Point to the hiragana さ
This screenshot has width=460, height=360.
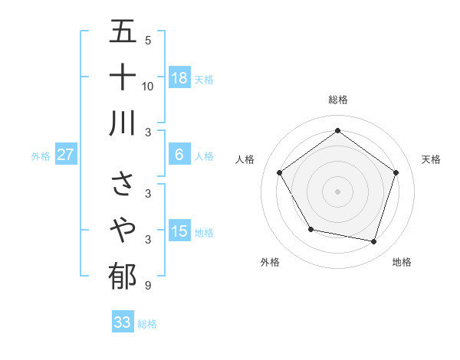coord(123,184)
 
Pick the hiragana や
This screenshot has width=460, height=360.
coord(123,229)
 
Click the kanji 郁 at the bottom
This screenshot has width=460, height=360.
coord(123,276)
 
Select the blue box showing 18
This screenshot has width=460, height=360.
coord(179,77)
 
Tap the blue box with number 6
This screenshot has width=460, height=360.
coord(179,155)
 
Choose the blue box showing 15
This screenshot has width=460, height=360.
coord(179,231)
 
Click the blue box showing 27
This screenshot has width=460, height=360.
coord(66,155)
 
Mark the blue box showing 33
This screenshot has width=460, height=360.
coord(123,322)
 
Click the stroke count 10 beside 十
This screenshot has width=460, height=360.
coord(148,86)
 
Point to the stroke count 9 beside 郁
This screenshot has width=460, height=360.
coord(147,286)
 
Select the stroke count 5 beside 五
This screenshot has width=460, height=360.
coord(147,41)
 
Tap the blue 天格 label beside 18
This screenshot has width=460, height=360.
coord(204,79)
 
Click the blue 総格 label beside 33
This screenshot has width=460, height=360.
coord(147,324)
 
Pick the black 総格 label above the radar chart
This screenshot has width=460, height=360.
coord(337,100)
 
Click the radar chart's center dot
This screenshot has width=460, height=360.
coord(337,191)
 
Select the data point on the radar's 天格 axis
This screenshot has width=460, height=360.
coord(396,172)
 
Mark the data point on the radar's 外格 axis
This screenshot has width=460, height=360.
coord(310,229)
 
